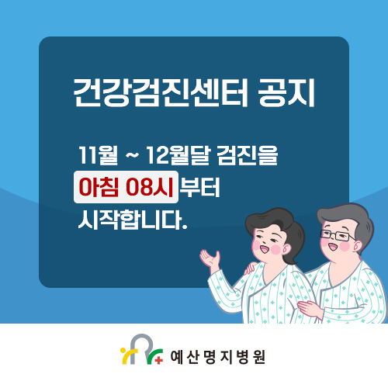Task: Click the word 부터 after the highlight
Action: coord(199,188)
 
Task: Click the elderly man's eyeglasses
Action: coord(339,235)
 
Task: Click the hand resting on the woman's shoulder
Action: coord(251,269)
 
